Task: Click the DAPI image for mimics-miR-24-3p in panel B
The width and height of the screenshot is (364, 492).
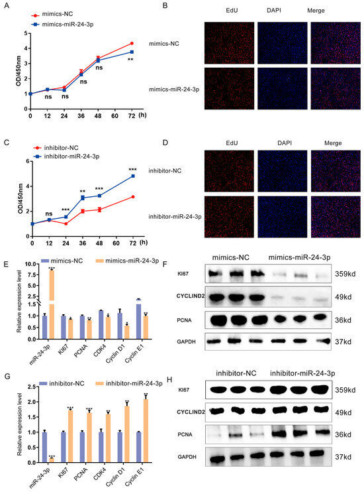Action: [x=281, y=89]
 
